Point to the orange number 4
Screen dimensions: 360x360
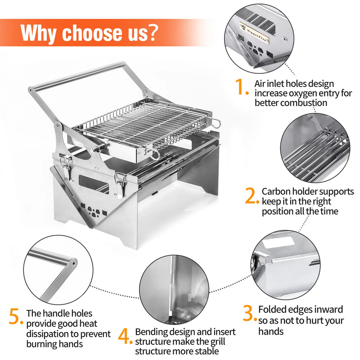pyautogui.click(x=126, y=336)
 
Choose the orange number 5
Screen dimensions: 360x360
pyautogui.click(x=16, y=316)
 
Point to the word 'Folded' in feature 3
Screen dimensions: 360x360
pyautogui.click(x=272, y=310)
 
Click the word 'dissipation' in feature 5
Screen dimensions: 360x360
pyautogui.click(x=47, y=334)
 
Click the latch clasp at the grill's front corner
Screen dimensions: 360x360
pyautogui.click(x=119, y=184)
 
